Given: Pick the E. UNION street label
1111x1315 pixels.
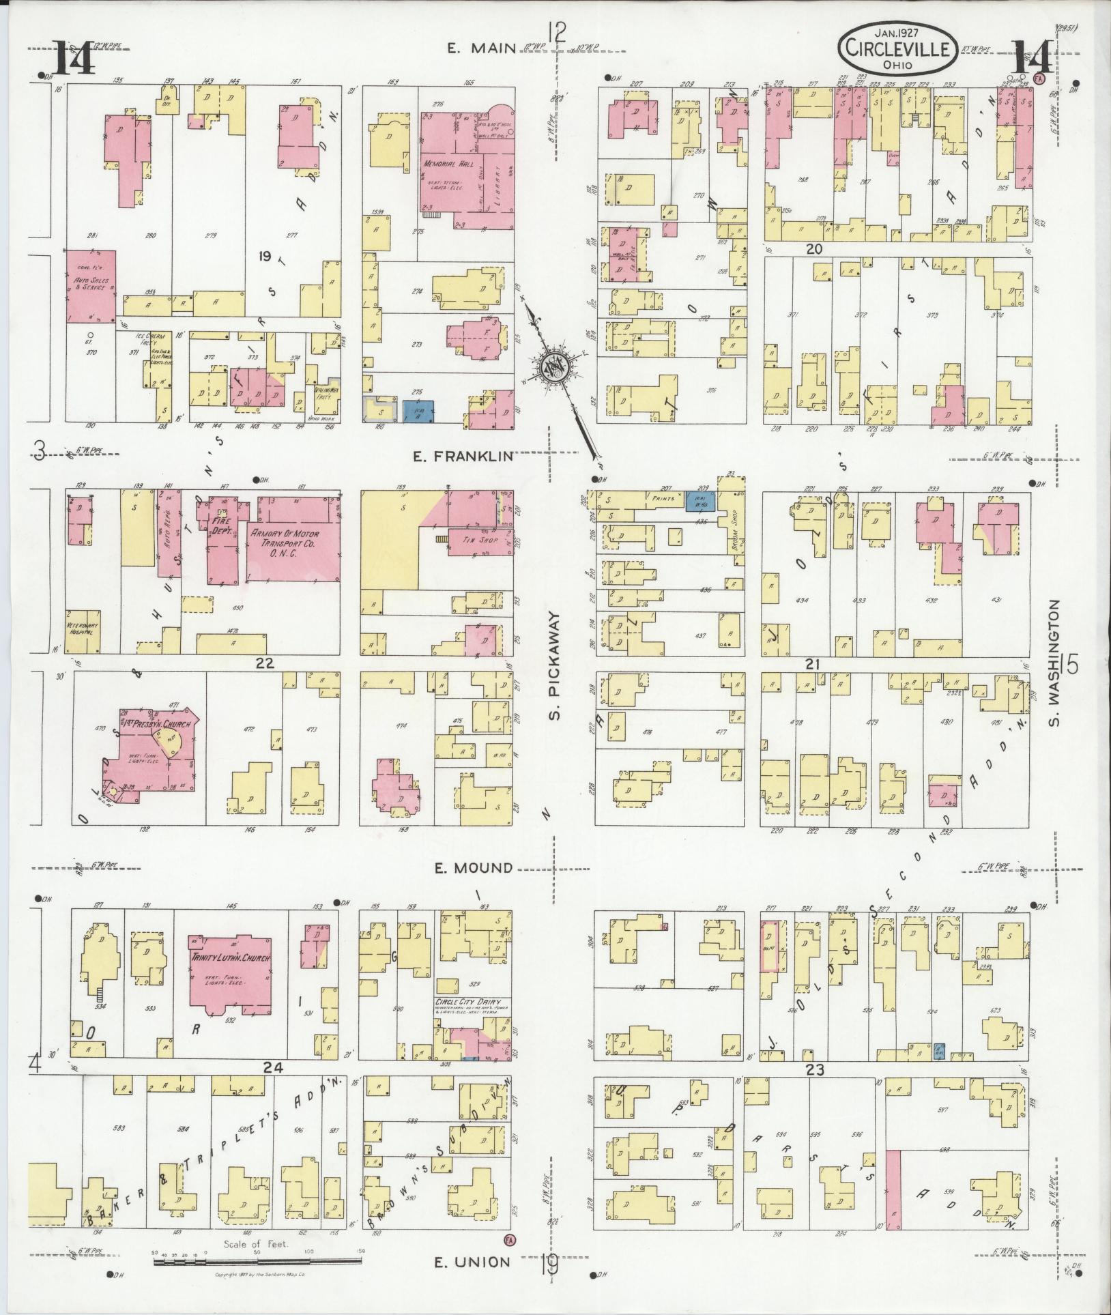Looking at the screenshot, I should pyautogui.click(x=473, y=1262).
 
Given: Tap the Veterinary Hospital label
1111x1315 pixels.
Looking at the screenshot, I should pyautogui.click(x=84, y=628).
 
